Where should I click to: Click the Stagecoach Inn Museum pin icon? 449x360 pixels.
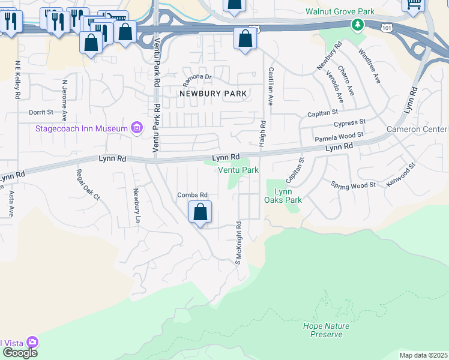tap(137, 128)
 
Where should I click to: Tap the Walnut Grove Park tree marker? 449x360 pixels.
tap(358, 25)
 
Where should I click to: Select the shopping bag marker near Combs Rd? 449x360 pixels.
tap(200, 212)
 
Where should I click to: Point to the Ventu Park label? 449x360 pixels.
tap(238, 170)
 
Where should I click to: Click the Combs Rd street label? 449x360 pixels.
tap(192, 195)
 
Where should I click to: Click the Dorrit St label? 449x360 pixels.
tap(41, 112)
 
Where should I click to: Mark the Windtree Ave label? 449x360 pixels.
tap(369, 67)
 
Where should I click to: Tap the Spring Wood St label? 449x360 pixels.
tap(353, 185)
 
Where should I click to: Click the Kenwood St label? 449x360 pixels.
tap(401, 174)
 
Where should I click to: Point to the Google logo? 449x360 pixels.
tap(19, 353)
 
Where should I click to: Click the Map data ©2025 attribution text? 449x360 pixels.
tap(423, 355)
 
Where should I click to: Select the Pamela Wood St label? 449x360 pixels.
tap(339, 138)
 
